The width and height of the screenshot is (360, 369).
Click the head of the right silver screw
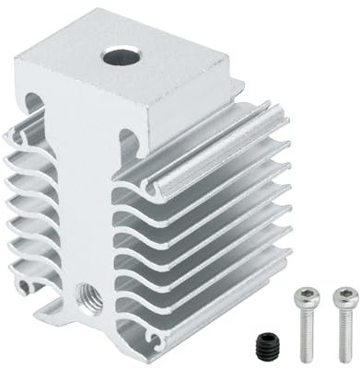pos(343,296)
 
